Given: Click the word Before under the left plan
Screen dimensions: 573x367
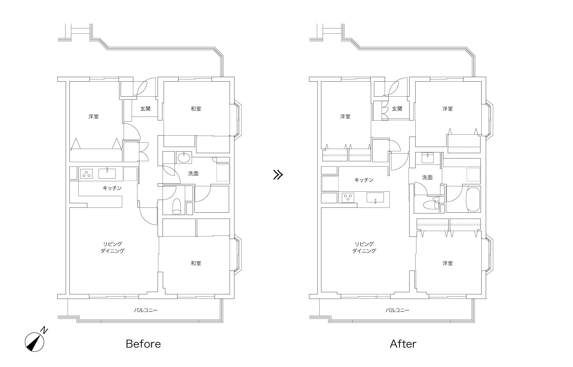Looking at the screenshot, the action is [x=143, y=344].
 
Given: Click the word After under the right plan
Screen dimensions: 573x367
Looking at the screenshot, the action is [x=403, y=344].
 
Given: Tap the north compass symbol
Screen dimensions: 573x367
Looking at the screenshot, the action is [x=35, y=341].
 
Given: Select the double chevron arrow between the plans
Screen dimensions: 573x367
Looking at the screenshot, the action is [x=278, y=175].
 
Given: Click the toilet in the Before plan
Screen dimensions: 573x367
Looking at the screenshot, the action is [x=177, y=206].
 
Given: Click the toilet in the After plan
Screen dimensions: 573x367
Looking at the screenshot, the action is [x=431, y=204].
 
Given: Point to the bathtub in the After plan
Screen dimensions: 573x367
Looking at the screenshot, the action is [x=473, y=200].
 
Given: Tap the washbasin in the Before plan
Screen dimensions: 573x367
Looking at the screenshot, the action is [x=184, y=158].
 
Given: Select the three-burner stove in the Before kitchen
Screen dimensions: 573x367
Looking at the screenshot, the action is [x=87, y=174].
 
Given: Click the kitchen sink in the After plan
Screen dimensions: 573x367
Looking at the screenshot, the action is [x=375, y=198].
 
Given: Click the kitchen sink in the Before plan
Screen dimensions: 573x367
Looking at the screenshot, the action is [x=107, y=173].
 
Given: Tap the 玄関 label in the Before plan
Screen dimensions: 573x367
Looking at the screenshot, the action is [x=145, y=109].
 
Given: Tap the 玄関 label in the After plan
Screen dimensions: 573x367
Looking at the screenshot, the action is [x=397, y=109].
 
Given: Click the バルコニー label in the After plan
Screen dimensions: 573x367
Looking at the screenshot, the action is [x=397, y=310].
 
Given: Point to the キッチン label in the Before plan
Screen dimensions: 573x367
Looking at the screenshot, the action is [x=112, y=188].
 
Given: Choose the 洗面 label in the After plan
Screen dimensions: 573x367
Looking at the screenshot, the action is [x=427, y=177].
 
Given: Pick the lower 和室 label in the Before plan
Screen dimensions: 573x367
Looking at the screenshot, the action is [x=196, y=263].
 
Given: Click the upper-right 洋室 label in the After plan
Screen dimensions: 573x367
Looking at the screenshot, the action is [x=448, y=109].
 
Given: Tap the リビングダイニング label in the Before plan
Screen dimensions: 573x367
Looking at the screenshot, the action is [x=112, y=247].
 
